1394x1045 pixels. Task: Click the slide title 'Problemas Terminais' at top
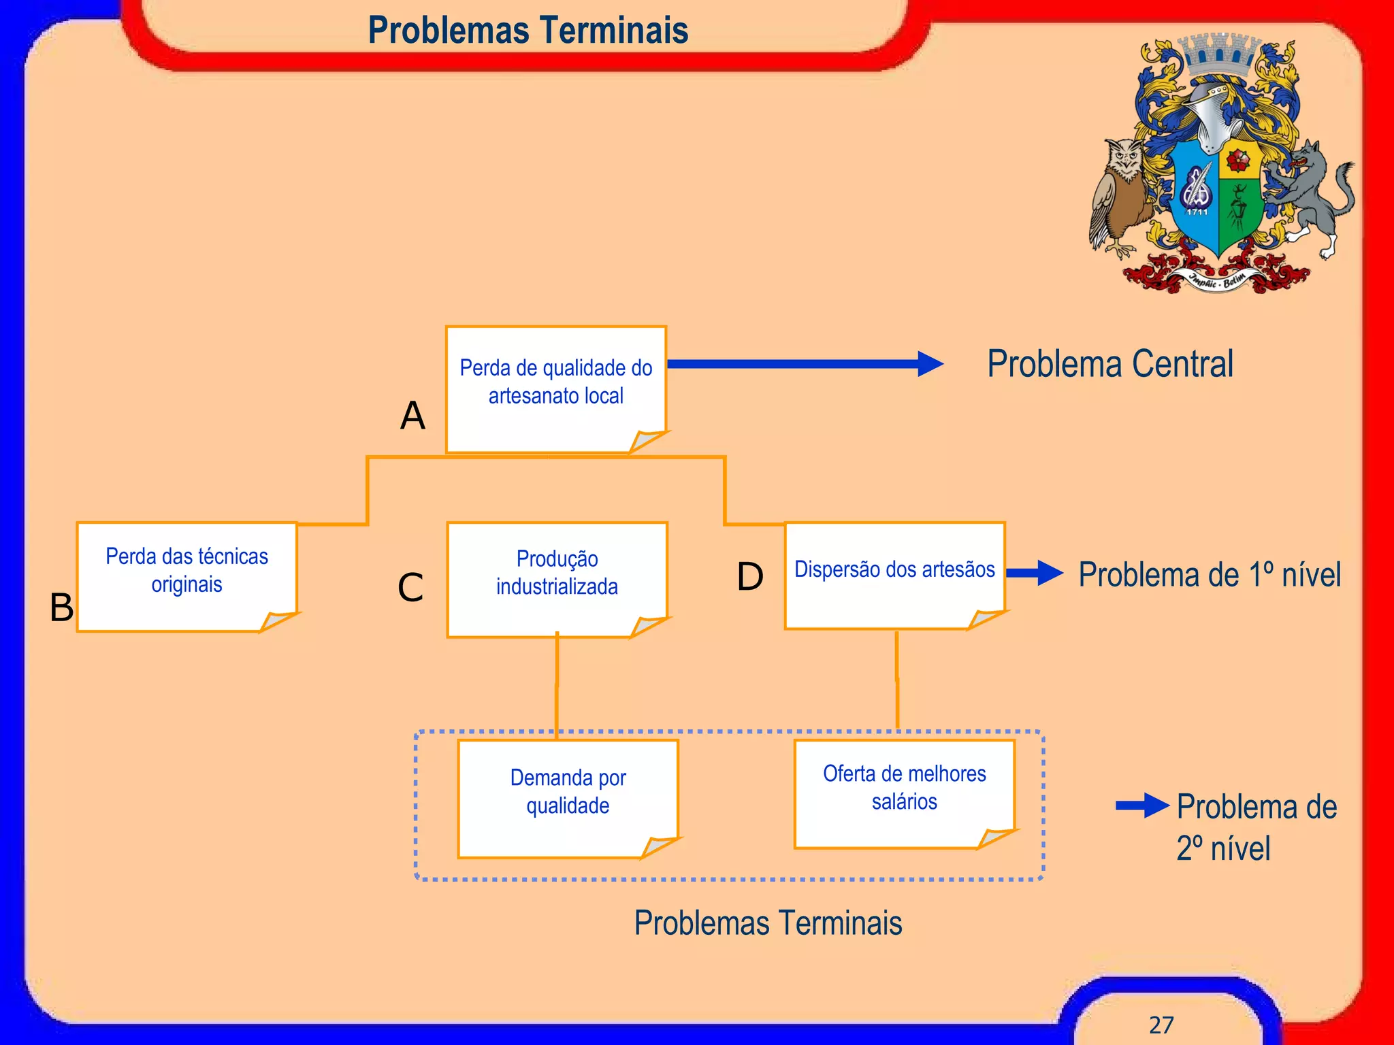[528, 30]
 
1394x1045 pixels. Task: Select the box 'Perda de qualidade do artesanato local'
[555, 388]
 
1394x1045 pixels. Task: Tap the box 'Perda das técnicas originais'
[187, 576]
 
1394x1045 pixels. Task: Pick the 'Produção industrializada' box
[557, 578]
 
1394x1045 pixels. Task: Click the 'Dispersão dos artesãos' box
[894, 575]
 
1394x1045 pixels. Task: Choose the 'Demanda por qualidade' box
[568, 797]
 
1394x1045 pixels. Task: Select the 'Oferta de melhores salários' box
[904, 793]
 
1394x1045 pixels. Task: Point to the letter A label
[412, 416]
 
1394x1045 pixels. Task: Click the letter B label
[61, 607]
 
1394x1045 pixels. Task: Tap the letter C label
[410, 588]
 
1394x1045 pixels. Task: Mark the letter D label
[750, 577]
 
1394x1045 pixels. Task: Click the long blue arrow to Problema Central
[803, 364]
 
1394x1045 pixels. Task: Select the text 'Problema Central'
[1109, 364]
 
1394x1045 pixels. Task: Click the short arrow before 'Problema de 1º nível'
[1034, 573]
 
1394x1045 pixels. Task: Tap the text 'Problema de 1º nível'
[1210, 575]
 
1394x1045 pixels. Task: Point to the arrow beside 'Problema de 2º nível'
[1142, 806]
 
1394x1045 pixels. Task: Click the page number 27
[1161, 1025]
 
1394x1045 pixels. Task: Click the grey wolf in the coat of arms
[1307, 197]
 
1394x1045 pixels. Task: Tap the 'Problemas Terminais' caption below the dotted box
[768, 923]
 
